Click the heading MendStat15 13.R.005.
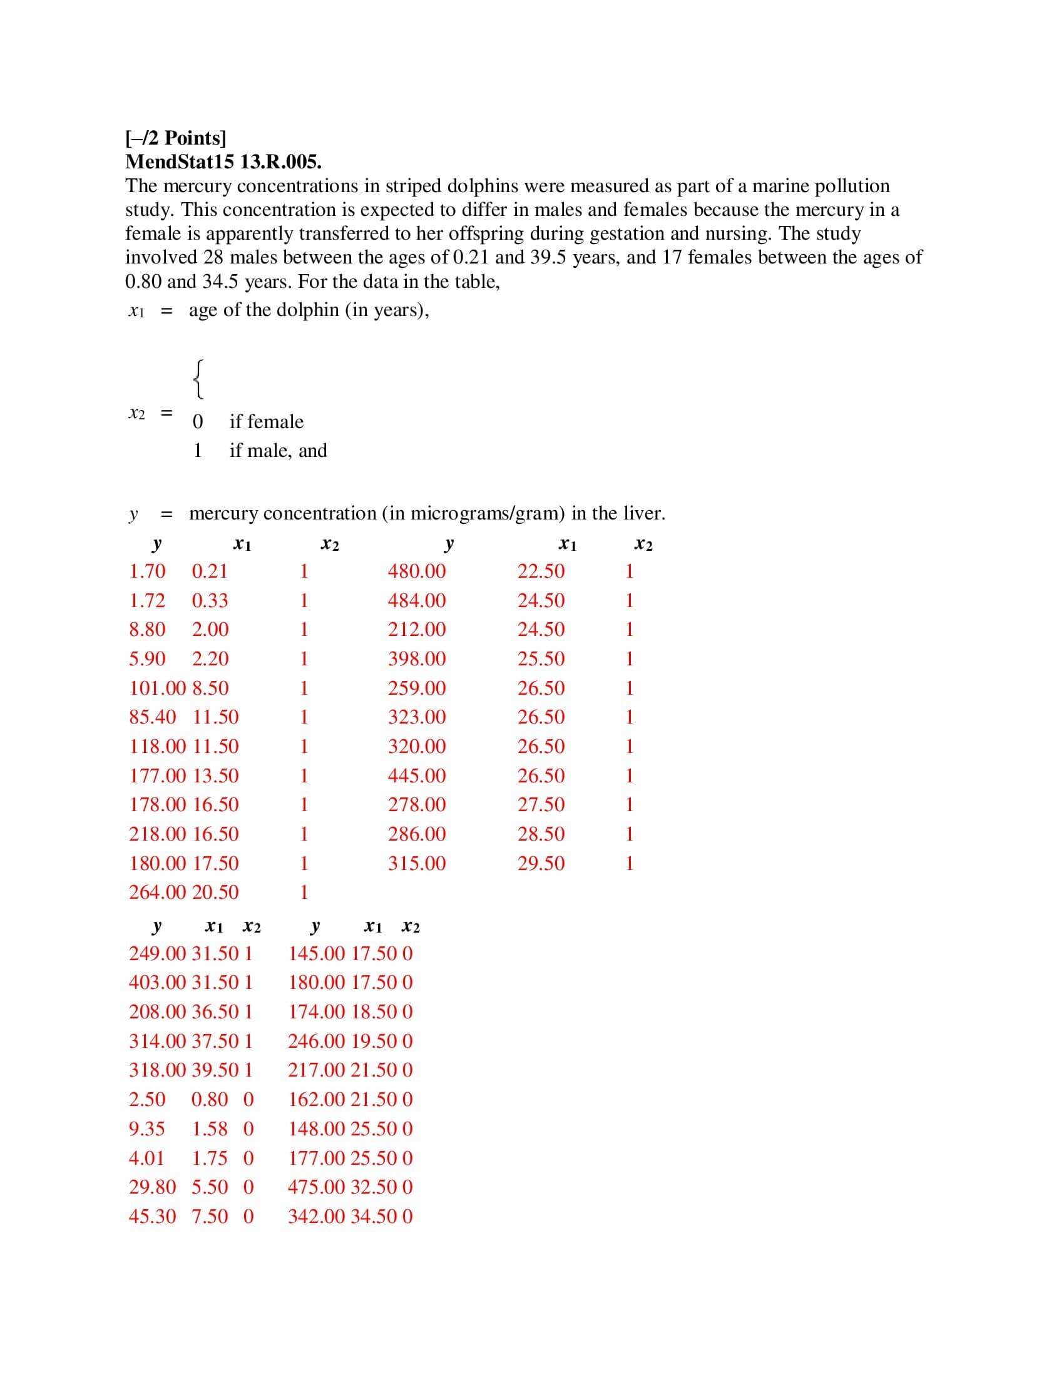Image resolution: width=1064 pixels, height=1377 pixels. pos(223,162)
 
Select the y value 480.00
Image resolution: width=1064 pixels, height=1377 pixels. pos(417,571)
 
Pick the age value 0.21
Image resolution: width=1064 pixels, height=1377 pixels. pos(209,571)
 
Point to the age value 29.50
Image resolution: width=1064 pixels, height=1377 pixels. pos(541,863)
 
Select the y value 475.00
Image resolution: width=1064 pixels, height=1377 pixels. pos(317,1187)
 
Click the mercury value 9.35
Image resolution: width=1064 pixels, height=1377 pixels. pos(147,1129)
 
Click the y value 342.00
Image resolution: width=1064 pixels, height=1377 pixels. pos(317,1216)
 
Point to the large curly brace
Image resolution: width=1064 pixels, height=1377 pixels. pos(198,379)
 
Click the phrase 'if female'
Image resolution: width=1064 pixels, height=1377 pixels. pos(266,422)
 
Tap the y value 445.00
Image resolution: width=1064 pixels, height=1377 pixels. pos(417,776)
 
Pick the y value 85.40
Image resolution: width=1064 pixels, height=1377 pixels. pos(153,717)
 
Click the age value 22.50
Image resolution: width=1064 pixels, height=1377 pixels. pos(541,571)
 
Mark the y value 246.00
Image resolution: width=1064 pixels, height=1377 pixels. pos(317,1041)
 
